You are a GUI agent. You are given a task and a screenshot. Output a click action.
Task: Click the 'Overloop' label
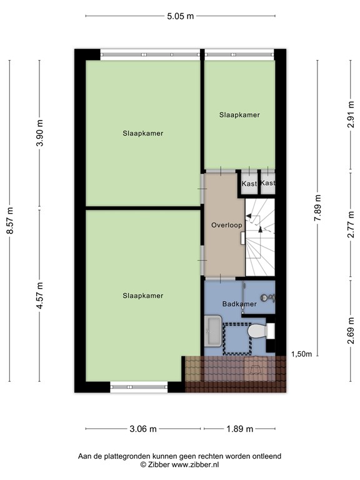(x=226, y=225)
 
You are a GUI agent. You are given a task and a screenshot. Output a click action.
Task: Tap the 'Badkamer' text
(x=239, y=304)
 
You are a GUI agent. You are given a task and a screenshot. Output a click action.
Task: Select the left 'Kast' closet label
(x=249, y=184)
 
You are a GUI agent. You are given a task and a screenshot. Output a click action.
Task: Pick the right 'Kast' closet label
(x=268, y=183)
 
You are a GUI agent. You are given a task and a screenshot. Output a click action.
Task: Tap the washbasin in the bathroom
(x=212, y=330)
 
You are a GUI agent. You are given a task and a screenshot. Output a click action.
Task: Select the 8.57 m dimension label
(x=9, y=222)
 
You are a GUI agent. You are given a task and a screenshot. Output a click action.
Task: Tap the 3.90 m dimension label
(x=39, y=134)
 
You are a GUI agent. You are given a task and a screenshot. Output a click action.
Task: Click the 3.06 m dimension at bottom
(x=143, y=429)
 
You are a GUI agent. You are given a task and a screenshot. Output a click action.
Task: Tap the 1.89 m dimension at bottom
(x=239, y=429)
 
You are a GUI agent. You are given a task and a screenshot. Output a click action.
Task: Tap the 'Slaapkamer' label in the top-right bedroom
(x=239, y=115)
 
